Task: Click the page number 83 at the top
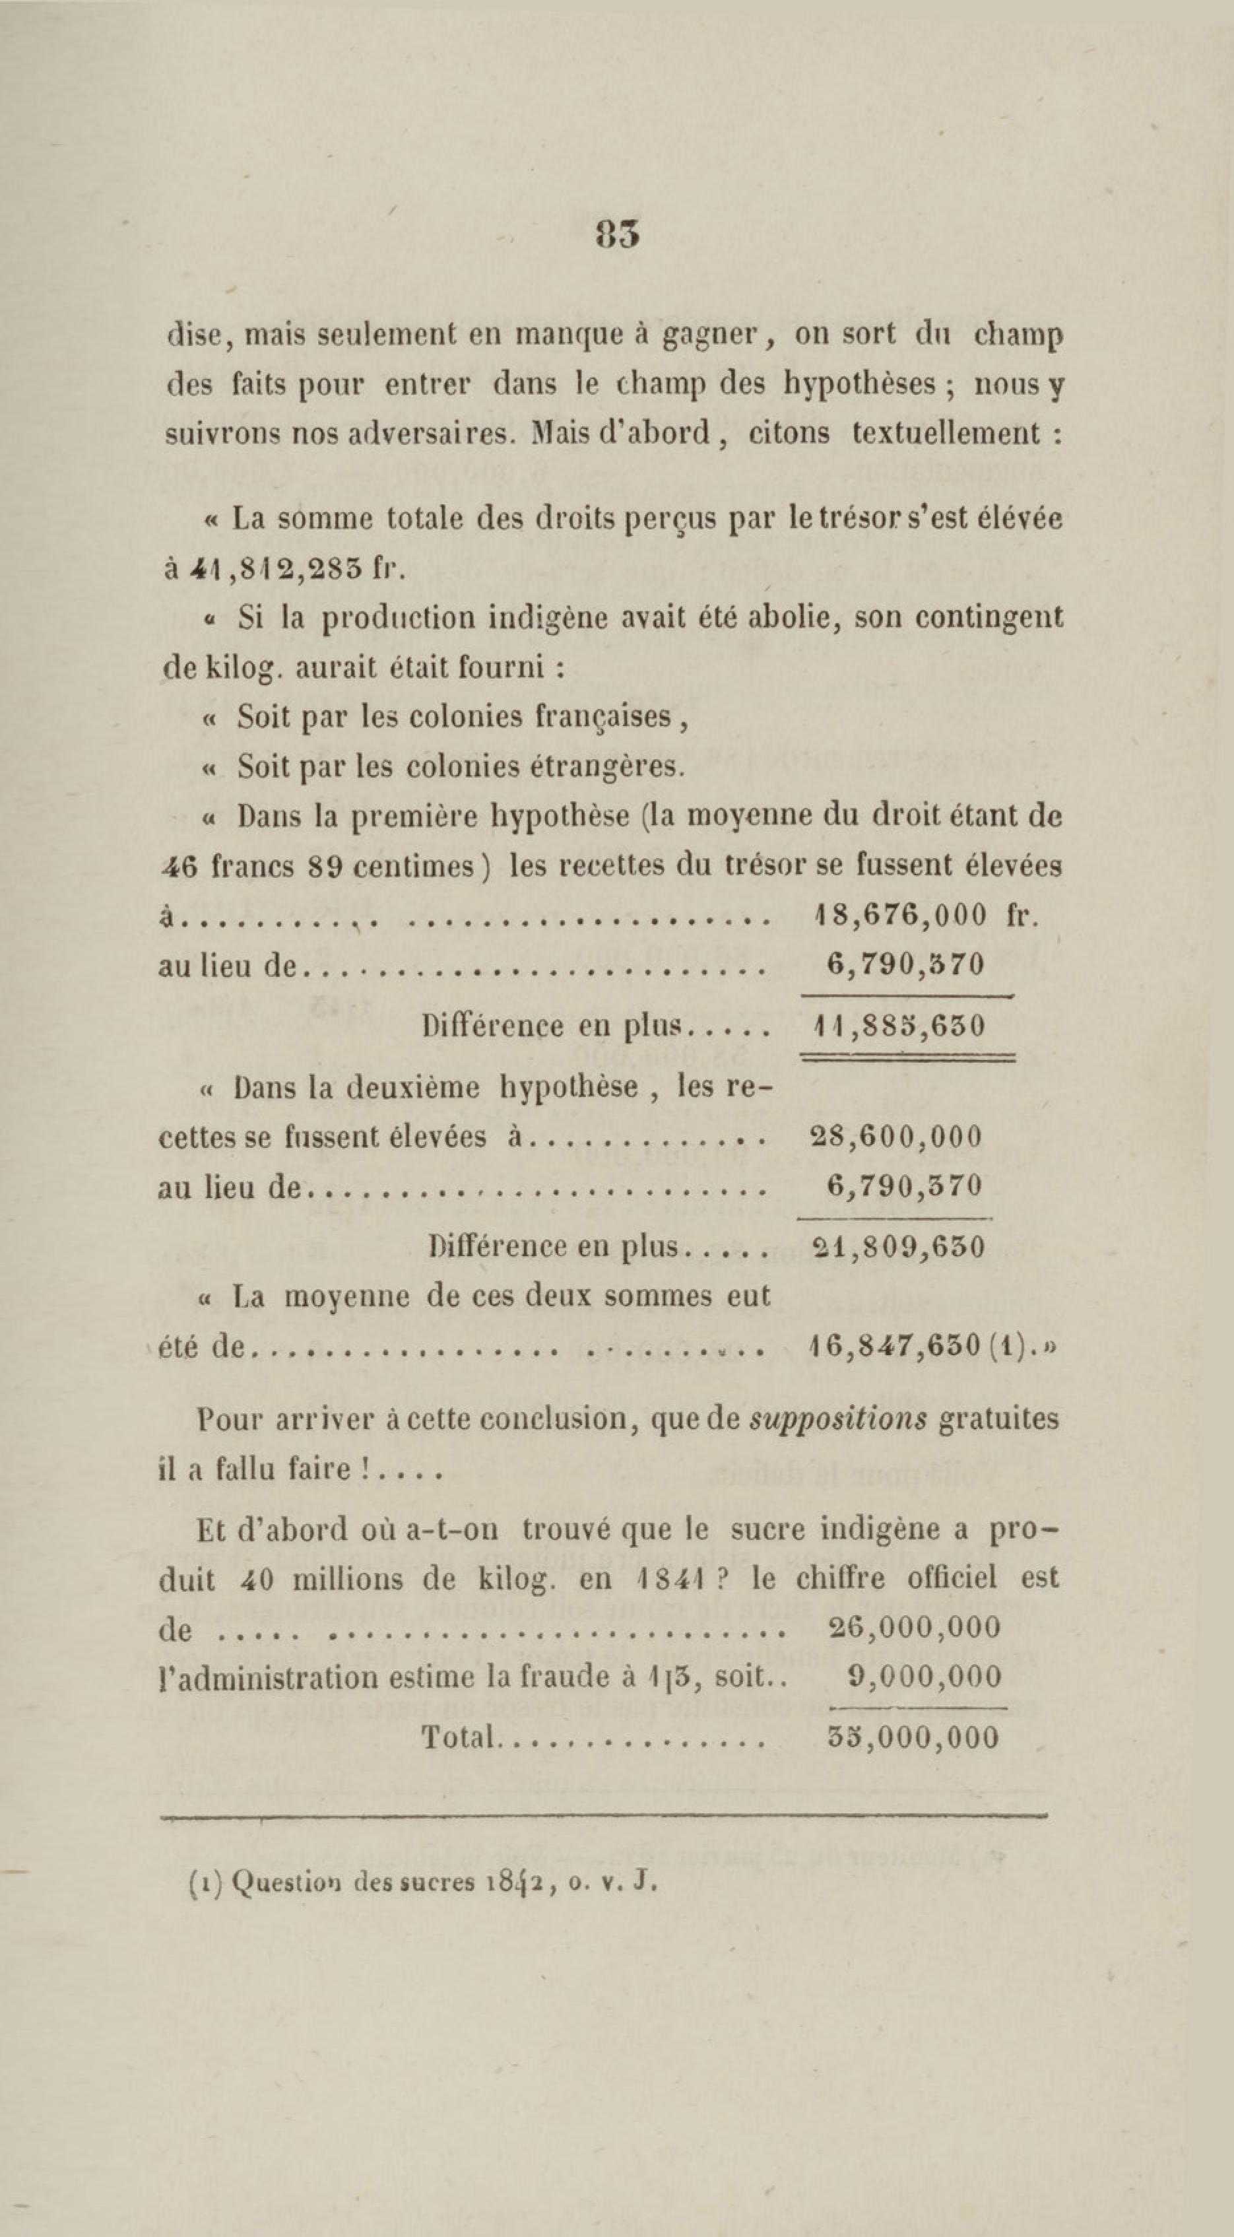click(x=618, y=234)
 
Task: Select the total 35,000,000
click(x=913, y=1737)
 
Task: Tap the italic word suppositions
click(x=838, y=1419)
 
